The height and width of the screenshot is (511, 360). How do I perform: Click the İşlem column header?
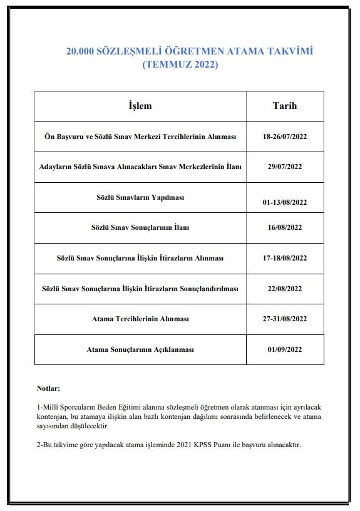click(x=140, y=106)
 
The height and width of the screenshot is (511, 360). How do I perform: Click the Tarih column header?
click(x=284, y=106)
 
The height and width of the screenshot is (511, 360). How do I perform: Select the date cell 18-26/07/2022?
click(x=285, y=137)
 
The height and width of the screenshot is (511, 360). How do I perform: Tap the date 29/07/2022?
click(x=285, y=167)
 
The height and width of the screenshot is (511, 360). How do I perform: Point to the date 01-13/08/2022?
click(x=285, y=202)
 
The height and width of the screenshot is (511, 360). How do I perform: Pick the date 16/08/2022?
click(x=285, y=228)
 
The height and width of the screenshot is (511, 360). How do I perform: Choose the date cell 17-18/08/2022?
click(x=285, y=258)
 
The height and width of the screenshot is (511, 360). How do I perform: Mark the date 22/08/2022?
click(x=285, y=289)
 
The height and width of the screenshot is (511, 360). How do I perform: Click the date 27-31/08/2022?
click(x=285, y=319)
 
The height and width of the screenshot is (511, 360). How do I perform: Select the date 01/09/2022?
click(x=285, y=349)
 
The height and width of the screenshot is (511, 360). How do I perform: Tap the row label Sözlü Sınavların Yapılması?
click(x=140, y=197)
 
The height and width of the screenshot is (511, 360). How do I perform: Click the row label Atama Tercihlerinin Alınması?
click(x=140, y=319)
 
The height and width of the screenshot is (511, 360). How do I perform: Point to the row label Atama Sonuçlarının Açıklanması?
click(x=140, y=349)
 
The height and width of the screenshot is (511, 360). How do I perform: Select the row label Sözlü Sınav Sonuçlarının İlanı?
click(x=140, y=228)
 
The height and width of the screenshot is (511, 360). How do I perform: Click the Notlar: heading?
click(x=49, y=388)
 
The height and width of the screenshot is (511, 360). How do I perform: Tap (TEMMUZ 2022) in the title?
click(x=180, y=64)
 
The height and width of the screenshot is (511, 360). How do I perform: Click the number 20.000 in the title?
click(x=80, y=51)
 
